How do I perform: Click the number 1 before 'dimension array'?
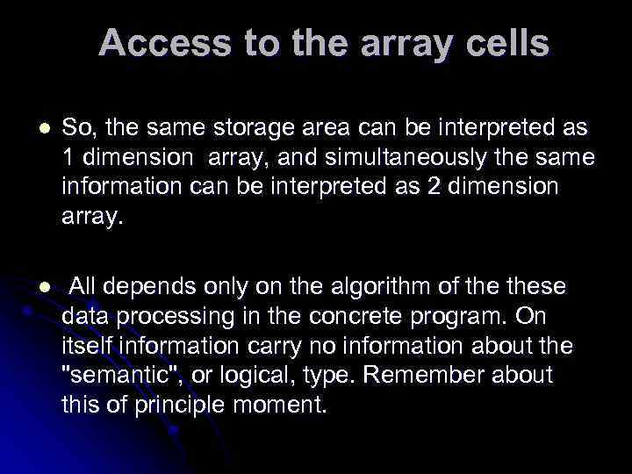(x=68, y=158)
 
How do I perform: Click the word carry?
(x=259, y=346)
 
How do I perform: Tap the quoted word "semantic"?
(x=110, y=375)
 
